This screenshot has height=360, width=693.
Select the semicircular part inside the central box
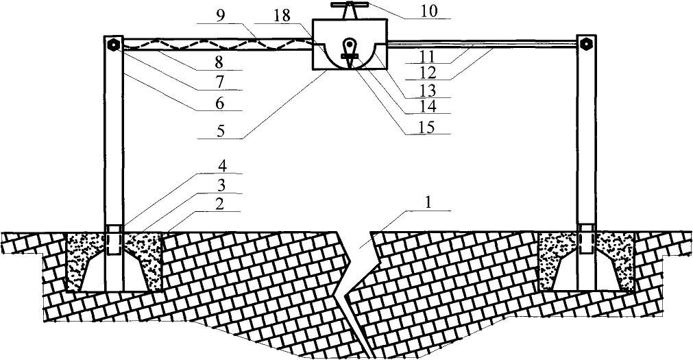coord(350,56)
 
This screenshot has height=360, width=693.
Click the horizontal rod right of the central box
coord(480,44)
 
